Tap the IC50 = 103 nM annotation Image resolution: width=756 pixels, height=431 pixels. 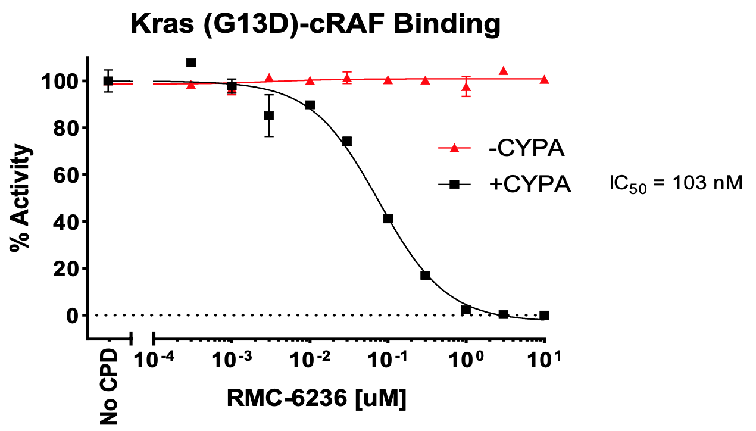(676, 183)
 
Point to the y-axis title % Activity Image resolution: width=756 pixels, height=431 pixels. (21, 199)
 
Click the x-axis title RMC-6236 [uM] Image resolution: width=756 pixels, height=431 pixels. (316, 398)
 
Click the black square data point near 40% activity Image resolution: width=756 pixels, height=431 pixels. (388, 219)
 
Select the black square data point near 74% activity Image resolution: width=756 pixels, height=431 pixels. (347, 141)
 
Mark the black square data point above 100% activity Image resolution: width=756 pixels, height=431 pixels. (191, 63)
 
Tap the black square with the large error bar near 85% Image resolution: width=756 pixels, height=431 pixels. (269, 115)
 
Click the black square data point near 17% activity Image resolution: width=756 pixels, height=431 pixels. (425, 275)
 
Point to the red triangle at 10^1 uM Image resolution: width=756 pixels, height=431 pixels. (544, 80)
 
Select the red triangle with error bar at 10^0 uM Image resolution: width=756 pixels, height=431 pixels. (466, 87)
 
